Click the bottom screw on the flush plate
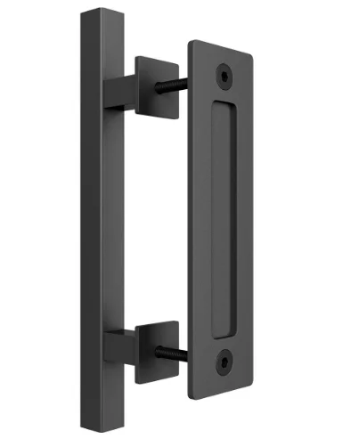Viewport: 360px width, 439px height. [224, 363]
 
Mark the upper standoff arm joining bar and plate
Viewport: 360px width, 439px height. [120, 93]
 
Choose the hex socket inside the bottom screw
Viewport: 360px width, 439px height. [224, 363]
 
